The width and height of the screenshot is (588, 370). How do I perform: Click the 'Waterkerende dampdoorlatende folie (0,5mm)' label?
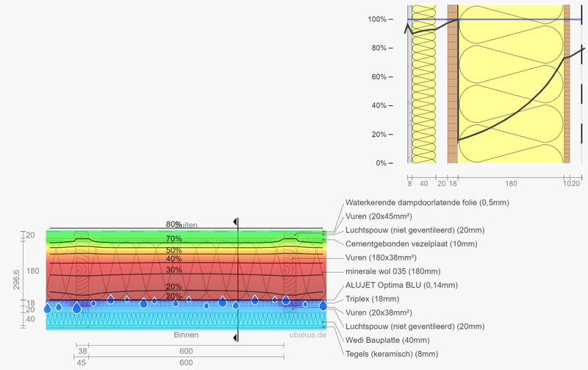click(x=426, y=202)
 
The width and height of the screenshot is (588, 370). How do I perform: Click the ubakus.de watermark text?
click(x=306, y=335)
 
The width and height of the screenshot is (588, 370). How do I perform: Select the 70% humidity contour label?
click(x=174, y=239)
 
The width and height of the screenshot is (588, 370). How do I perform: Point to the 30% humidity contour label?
click(x=174, y=270)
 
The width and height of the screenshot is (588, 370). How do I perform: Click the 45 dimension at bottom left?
click(x=81, y=363)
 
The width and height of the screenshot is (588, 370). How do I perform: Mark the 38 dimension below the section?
click(x=82, y=352)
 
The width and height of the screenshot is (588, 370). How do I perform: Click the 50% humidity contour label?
click(x=174, y=251)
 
